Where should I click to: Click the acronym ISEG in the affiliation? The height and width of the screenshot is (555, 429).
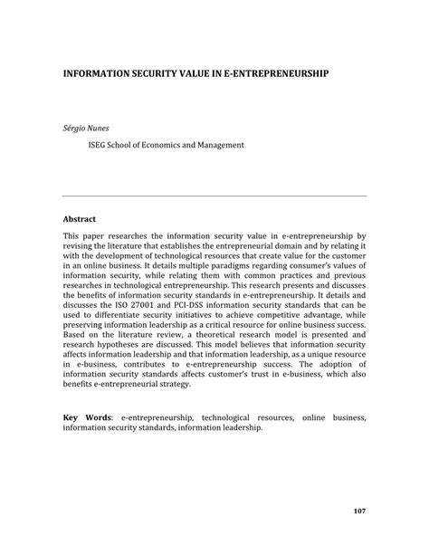(100, 144)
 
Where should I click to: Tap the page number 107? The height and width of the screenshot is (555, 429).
(359, 512)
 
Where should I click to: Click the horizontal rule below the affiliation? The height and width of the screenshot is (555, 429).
(214, 195)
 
